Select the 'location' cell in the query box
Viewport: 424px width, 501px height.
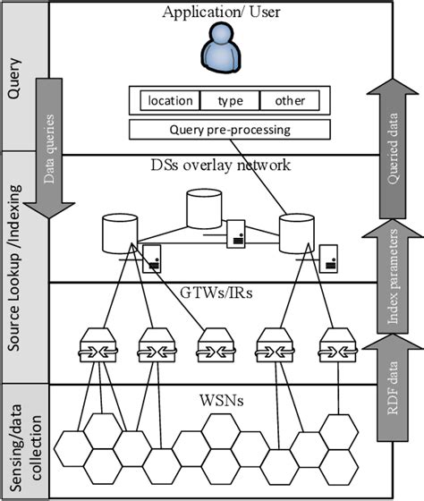point(170,100)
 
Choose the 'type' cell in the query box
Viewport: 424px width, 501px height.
point(230,100)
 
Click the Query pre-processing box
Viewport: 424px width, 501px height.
point(230,129)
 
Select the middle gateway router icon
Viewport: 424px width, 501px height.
point(213,346)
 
